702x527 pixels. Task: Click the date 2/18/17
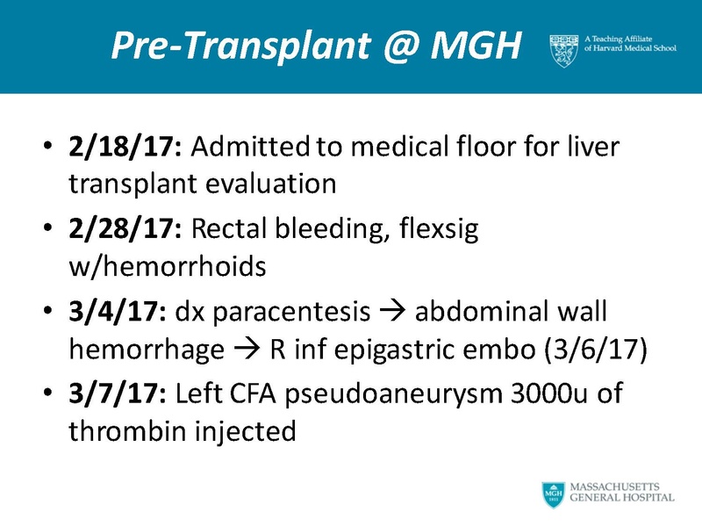[x=125, y=147]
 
